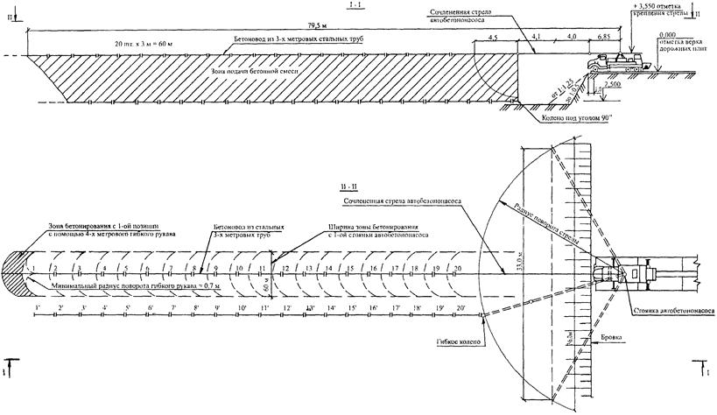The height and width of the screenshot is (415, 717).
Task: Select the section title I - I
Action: pos(355,6)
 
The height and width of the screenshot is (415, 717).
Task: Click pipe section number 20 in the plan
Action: pos(458,267)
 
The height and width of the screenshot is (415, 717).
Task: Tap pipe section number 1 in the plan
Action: pos(33,267)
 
